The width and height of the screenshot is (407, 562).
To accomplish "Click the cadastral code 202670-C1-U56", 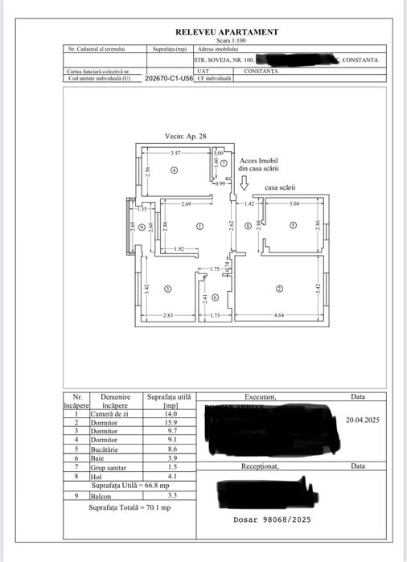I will (169, 80).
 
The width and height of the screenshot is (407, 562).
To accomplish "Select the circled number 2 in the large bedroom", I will (280, 289).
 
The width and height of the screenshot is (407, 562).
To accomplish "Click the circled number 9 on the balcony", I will (142, 228).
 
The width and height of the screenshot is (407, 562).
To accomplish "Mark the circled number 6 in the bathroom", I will (203, 297).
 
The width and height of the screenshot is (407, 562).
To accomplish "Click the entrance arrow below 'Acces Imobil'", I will (243, 183).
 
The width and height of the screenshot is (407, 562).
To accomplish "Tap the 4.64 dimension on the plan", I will (278, 315).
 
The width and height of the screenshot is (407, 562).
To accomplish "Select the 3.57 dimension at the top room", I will (175, 153).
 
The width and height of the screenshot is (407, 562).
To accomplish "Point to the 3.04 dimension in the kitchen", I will (294, 205).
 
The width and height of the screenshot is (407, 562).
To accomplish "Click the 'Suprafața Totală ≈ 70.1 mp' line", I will (129, 507).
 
